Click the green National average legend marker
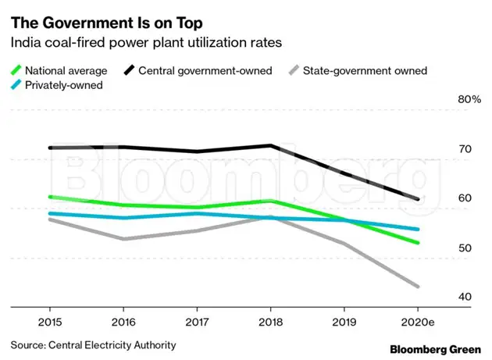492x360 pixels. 16,71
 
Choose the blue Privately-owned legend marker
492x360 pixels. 16,85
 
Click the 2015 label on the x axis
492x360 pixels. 51,321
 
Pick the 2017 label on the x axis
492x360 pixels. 197,321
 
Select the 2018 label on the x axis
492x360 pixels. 270,321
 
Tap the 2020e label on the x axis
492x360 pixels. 418,321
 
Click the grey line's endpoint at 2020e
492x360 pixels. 418,287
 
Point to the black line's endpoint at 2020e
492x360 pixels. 418,199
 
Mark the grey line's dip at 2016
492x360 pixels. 124,239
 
